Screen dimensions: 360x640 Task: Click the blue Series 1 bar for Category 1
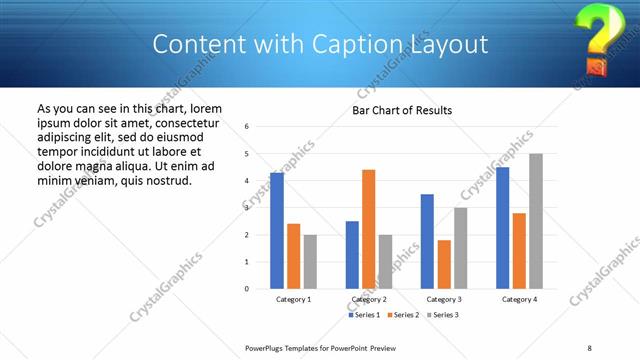[277, 230]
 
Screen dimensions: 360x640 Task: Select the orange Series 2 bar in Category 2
[368, 229]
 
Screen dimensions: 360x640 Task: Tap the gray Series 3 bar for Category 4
[536, 221]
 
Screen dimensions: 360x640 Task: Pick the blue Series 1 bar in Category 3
[427, 241]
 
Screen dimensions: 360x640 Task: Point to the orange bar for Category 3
[444, 264]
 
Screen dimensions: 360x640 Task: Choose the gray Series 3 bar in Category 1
[310, 261]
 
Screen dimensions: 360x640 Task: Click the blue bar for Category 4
[502, 227]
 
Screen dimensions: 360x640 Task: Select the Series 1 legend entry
[363, 315]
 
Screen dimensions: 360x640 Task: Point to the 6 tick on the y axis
[260, 127]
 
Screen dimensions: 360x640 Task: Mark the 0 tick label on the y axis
[260, 289]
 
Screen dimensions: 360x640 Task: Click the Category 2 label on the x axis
[369, 299]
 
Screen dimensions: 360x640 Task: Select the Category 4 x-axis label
[519, 299]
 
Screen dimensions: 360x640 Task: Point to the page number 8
[589, 347]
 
